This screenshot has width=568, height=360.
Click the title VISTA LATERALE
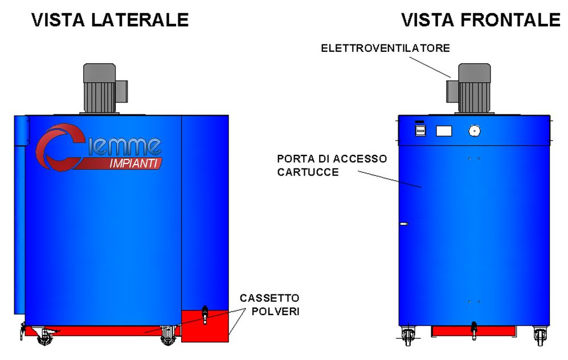(110, 21)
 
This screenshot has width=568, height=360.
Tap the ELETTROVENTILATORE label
(385, 48)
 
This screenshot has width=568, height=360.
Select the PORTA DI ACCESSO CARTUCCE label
(332, 165)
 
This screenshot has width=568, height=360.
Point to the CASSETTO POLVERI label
(269, 305)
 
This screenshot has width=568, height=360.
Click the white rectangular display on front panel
(444, 131)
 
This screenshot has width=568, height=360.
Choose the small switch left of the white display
(420, 130)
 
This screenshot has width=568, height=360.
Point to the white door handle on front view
(404, 224)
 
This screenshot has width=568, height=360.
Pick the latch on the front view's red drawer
(473, 330)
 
